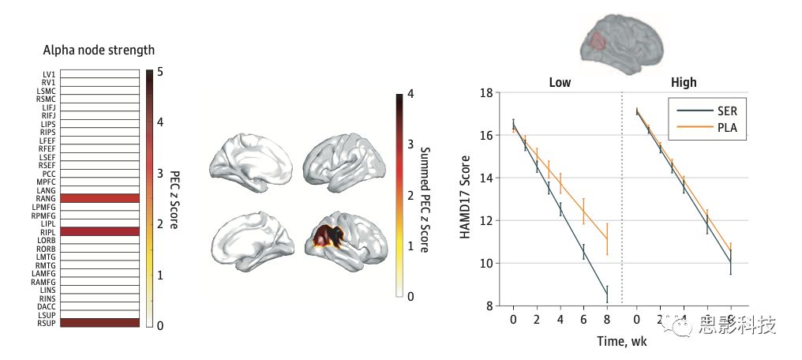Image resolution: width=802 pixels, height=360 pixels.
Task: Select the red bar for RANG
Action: pos(99,198)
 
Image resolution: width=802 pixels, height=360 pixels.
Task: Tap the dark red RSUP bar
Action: pos(99,322)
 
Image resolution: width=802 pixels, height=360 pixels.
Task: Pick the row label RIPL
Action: pos(47,231)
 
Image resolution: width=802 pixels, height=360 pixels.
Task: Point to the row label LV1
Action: pos(48,74)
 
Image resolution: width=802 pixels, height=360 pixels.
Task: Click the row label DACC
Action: pos(47,306)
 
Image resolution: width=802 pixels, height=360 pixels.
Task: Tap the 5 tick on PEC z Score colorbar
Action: pos(160,72)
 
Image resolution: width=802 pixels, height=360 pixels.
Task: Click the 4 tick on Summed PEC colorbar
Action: pos(410,95)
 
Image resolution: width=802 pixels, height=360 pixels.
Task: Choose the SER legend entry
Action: pos(725,111)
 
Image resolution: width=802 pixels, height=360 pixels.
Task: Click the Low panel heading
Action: pos(560,82)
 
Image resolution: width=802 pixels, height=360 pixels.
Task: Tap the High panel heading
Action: pos(684,82)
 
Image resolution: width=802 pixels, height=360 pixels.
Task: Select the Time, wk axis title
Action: pos(621,341)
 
